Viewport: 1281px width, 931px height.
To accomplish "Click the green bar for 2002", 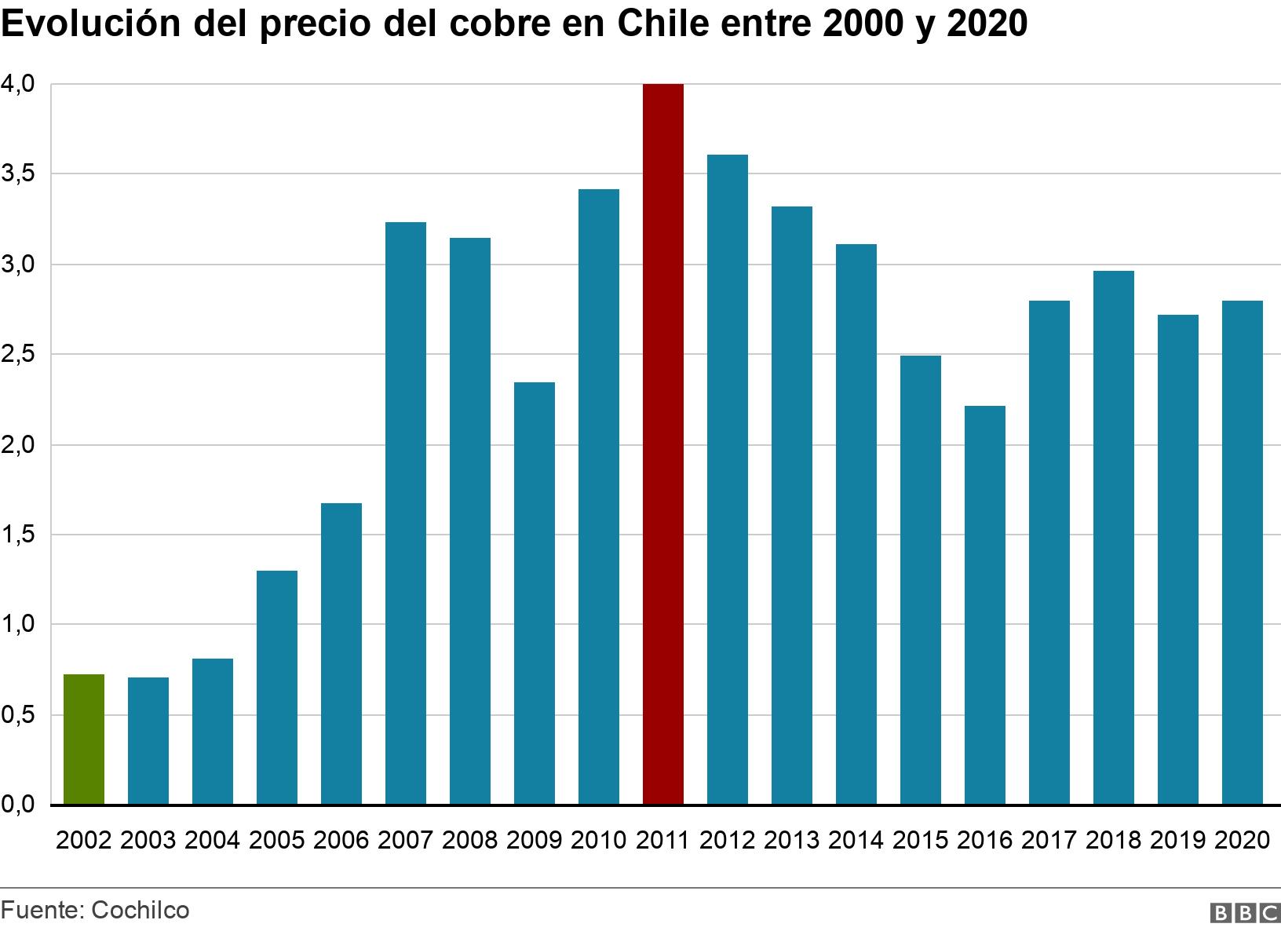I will (83, 739).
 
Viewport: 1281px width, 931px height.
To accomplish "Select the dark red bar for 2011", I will (662, 444).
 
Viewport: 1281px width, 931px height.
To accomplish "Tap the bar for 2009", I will (534, 593).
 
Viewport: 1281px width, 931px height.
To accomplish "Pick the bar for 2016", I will (984, 605).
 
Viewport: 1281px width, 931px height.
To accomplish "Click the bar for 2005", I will (276, 688).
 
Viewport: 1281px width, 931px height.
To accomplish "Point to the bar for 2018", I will (1113, 538).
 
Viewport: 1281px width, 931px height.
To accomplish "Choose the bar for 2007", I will (405, 513).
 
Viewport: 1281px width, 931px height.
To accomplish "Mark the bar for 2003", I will (148, 741).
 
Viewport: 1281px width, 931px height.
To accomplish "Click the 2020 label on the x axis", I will (1242, 840).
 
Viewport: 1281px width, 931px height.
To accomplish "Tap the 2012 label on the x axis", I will (727, 840).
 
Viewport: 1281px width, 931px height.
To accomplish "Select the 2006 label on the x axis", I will (341, 840).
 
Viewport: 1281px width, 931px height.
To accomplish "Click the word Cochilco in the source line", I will (141, 910).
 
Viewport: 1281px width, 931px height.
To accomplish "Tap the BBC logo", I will (1246, 912).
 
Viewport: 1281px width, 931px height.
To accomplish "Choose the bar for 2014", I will (856, 524).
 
